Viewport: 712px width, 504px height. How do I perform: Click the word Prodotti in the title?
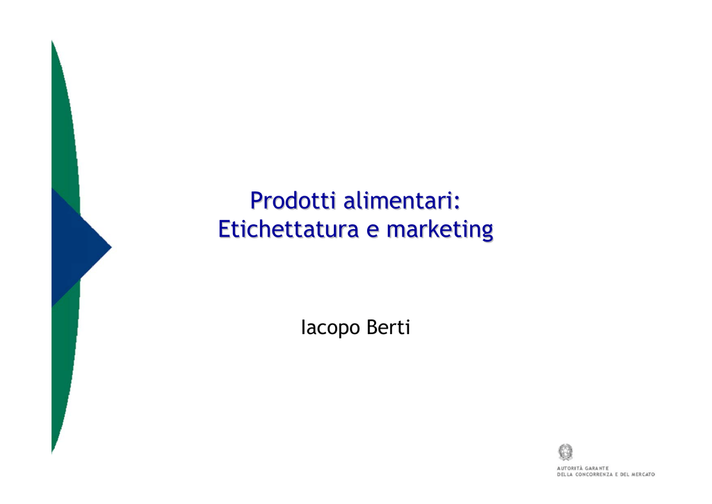293,200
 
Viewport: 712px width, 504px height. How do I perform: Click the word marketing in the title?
440,230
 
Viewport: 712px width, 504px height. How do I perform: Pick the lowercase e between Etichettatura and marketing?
373,231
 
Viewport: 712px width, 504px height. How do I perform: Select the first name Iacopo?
330,328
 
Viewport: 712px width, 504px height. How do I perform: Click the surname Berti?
388,327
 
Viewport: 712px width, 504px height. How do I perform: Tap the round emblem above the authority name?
565,452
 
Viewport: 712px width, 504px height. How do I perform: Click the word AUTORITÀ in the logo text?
570,468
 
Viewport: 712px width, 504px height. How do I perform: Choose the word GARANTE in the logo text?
597,468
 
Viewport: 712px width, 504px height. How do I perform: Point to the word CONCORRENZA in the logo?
594,475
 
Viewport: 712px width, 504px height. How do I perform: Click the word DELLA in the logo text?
565,475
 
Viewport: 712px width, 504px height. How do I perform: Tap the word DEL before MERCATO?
624,475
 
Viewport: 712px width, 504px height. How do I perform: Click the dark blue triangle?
75,248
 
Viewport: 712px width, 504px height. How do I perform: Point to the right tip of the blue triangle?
112,248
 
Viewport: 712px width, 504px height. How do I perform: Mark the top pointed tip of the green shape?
51,41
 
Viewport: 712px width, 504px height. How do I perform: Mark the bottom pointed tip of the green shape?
51,452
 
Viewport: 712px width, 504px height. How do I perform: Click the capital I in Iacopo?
303,327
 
